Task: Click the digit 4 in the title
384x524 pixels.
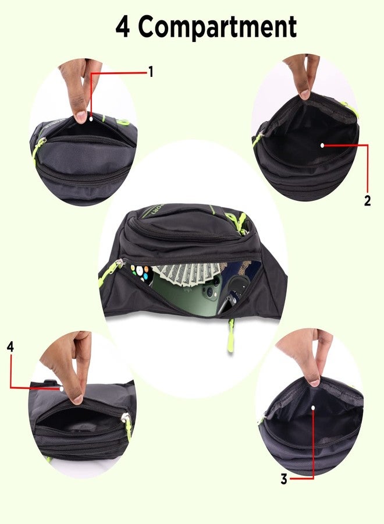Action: (122, 27)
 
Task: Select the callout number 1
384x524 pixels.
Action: (151, 72)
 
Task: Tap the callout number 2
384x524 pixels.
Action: (367, 201)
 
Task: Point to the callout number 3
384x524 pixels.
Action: (284, 480)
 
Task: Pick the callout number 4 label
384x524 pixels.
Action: (10, 346)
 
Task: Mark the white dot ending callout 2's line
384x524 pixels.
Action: (322, 144)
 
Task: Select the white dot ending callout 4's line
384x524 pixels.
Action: (61, 388)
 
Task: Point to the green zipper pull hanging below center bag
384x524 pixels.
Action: (231, 338)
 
